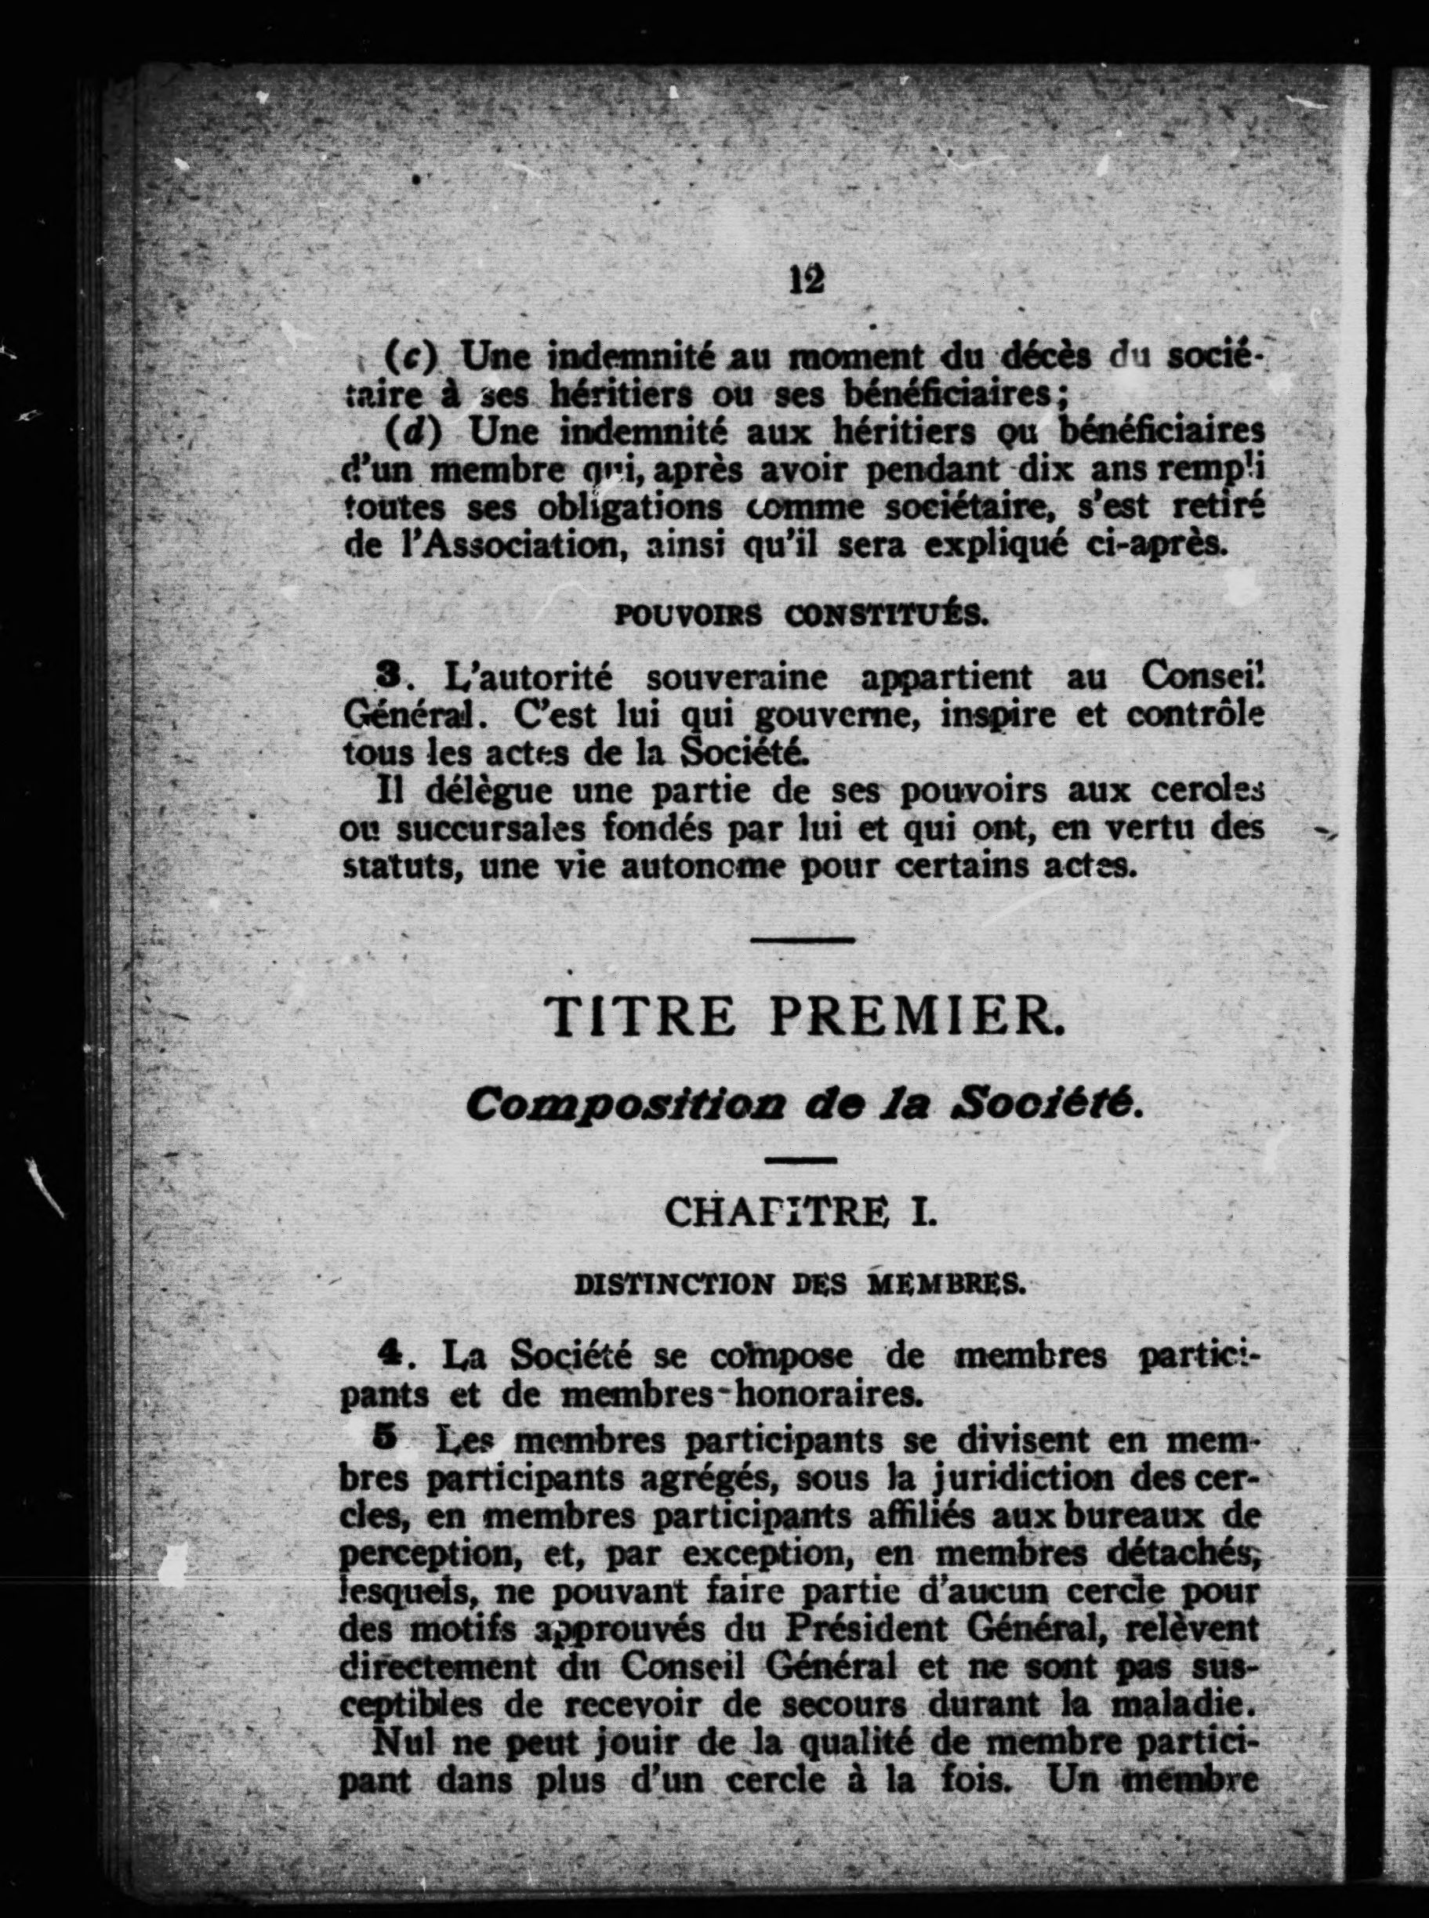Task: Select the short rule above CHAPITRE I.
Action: pos(801,1158)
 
